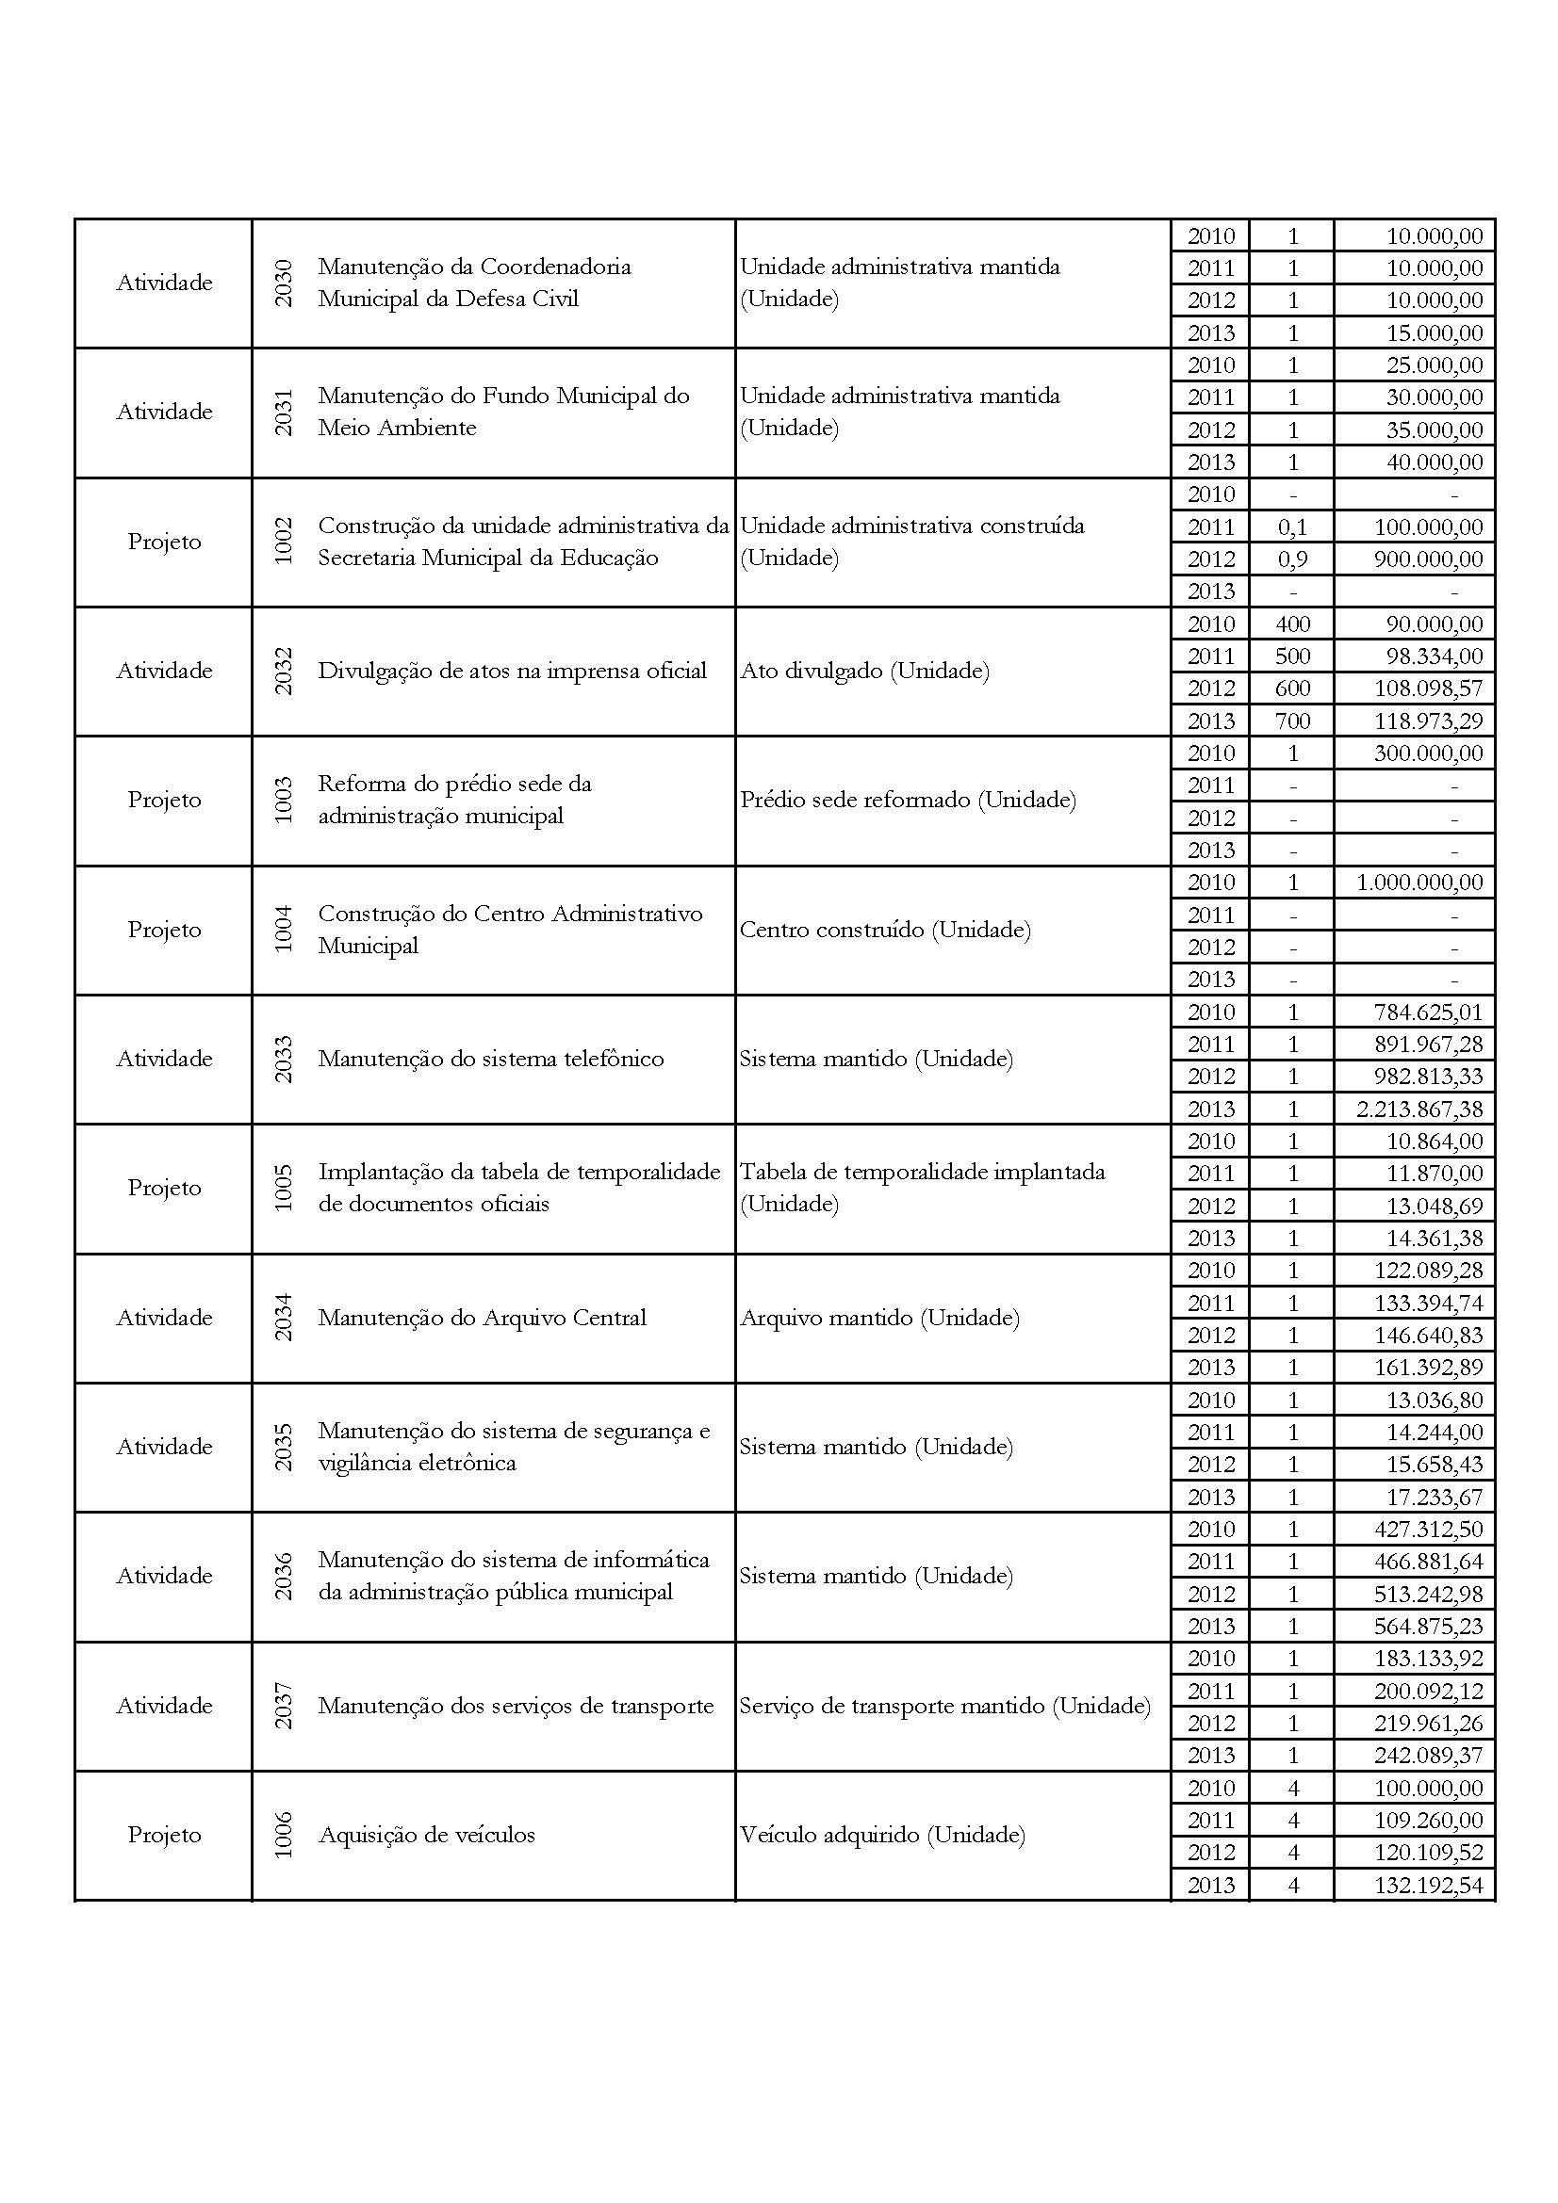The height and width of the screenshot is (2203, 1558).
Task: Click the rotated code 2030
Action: pos(283,283)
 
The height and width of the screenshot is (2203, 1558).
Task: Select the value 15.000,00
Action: pos(1435,332)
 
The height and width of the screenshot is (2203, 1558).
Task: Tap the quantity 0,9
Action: pos(1292,559)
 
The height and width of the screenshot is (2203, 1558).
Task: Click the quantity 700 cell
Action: pos(1292,721)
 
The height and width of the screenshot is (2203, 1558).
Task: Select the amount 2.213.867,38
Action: pos(1419,1110)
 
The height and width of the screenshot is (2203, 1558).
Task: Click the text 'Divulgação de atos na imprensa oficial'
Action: pos(512,671)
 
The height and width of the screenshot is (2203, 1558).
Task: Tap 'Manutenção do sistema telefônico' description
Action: pos(490,1059)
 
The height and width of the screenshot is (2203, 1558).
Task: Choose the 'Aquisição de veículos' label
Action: pos(426,1835)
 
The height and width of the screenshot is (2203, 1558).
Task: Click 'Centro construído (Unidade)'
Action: pos(885,930)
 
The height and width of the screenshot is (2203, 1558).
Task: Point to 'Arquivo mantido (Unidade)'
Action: pos(879,1318)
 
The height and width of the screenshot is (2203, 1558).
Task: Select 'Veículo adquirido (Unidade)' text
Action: pos(882,1835)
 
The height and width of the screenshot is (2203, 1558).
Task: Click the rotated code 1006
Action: pos(283,1835)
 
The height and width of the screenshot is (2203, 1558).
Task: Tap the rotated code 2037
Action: pos(283,1706)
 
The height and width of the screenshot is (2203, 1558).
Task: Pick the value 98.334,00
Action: pos(1435,656)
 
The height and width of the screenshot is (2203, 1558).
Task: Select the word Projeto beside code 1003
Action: pos(164,801)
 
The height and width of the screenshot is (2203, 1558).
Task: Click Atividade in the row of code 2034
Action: pos(164,1318)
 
